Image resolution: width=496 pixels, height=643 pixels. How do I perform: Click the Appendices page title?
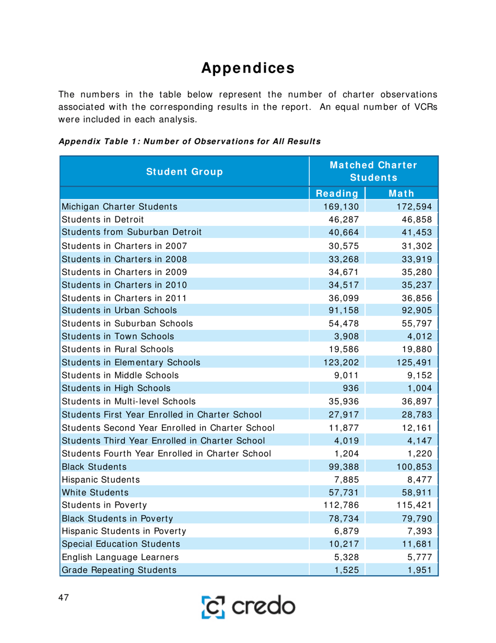[247, 68]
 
